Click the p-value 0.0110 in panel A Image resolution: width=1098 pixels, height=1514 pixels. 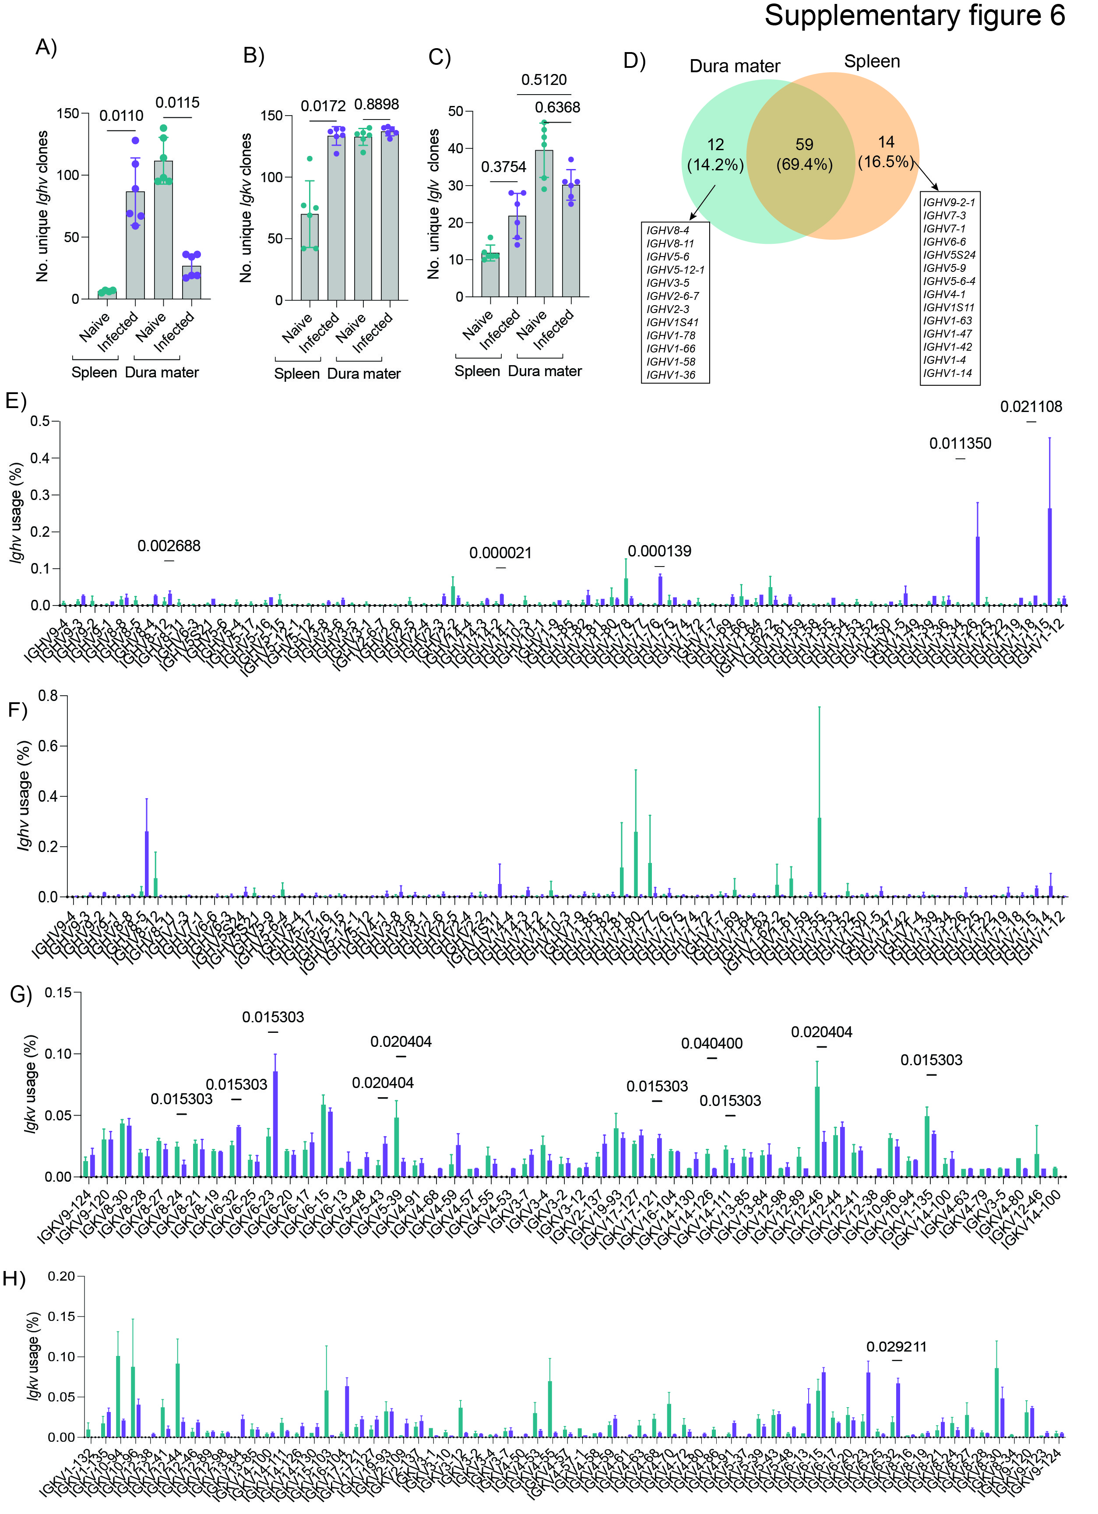(x=121, y=116)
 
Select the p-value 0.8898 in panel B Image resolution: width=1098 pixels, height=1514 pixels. (x=377, y=105)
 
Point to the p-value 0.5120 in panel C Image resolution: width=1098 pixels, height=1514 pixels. (x=544, y=80)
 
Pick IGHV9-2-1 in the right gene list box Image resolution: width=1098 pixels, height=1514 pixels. (x=948, y=202)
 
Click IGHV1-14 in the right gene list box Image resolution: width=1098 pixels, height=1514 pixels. (x=947, y=373)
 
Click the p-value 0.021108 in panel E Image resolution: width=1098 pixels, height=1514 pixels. (x=1031, y=407)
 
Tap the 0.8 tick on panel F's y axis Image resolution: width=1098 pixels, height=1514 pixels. (x=48, y=696)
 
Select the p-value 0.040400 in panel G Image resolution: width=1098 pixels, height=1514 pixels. (x=711, y=1043)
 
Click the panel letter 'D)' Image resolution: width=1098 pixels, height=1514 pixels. (x=633, y=61)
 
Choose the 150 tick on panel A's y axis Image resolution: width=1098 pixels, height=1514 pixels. (x=68, y=113)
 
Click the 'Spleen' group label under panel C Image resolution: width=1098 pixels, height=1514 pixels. (x=477, y=371)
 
